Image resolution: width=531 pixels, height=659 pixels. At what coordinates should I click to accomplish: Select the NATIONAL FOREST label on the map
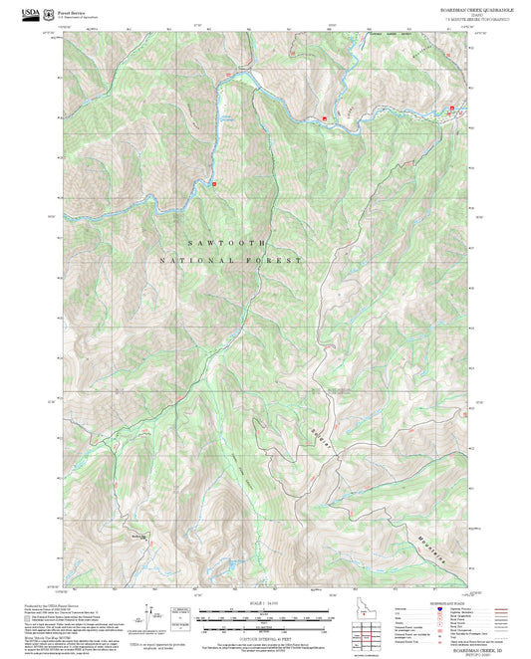coord(230,260)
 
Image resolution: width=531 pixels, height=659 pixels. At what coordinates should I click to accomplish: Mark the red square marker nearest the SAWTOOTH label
coord(214,183)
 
